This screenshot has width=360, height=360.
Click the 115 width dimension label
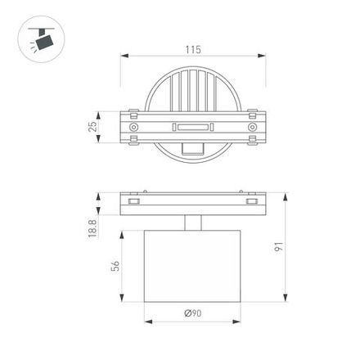tap(192, 50)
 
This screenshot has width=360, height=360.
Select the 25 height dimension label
tap(93, 126)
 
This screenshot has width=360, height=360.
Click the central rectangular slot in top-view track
tap(193, 126)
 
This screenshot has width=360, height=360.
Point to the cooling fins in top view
tap(193, 90)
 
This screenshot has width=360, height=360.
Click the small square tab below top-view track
tap(193, 150)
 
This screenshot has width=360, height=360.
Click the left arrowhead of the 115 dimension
tap(124, 57)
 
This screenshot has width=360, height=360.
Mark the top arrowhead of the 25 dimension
tap(101, 110)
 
